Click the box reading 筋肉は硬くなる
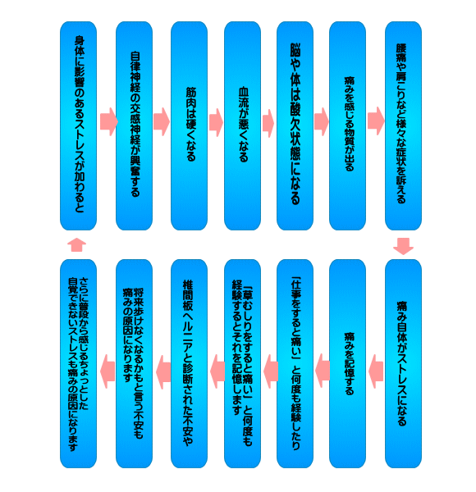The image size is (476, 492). [x=189, y=125]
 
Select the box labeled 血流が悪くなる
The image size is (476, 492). [x=242, y=125]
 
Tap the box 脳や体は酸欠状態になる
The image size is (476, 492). [x=295, y=125]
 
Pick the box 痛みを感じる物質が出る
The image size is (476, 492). [x=348, y=125]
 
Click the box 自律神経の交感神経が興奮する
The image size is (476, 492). [x=134, y=125]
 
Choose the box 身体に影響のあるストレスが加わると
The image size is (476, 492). [x=78, y=125]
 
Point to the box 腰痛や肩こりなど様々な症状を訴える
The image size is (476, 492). [x=404, y=125]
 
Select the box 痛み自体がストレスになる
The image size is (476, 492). [x=404, y=363]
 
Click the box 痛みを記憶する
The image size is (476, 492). [x=348, y=363]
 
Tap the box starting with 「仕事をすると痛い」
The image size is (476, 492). [x=295, y=363]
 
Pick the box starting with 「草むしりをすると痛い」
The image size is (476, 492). [x=242, y=363]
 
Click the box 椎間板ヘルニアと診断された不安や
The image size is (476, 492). [x=189, y=363]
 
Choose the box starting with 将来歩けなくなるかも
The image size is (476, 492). [x=134, y=363]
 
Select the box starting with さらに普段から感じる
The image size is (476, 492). [x=78, y=363]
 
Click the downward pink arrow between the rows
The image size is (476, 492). [x=404, y=246]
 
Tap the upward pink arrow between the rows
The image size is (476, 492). [x=77, y=244]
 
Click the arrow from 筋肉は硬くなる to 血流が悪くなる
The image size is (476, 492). [x=216, y=122]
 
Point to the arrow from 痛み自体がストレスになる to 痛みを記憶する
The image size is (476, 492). [x=376, y=371]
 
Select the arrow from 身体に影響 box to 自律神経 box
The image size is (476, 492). [x=109, y=121]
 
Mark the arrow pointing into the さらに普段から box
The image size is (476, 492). [x=108, y=371]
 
